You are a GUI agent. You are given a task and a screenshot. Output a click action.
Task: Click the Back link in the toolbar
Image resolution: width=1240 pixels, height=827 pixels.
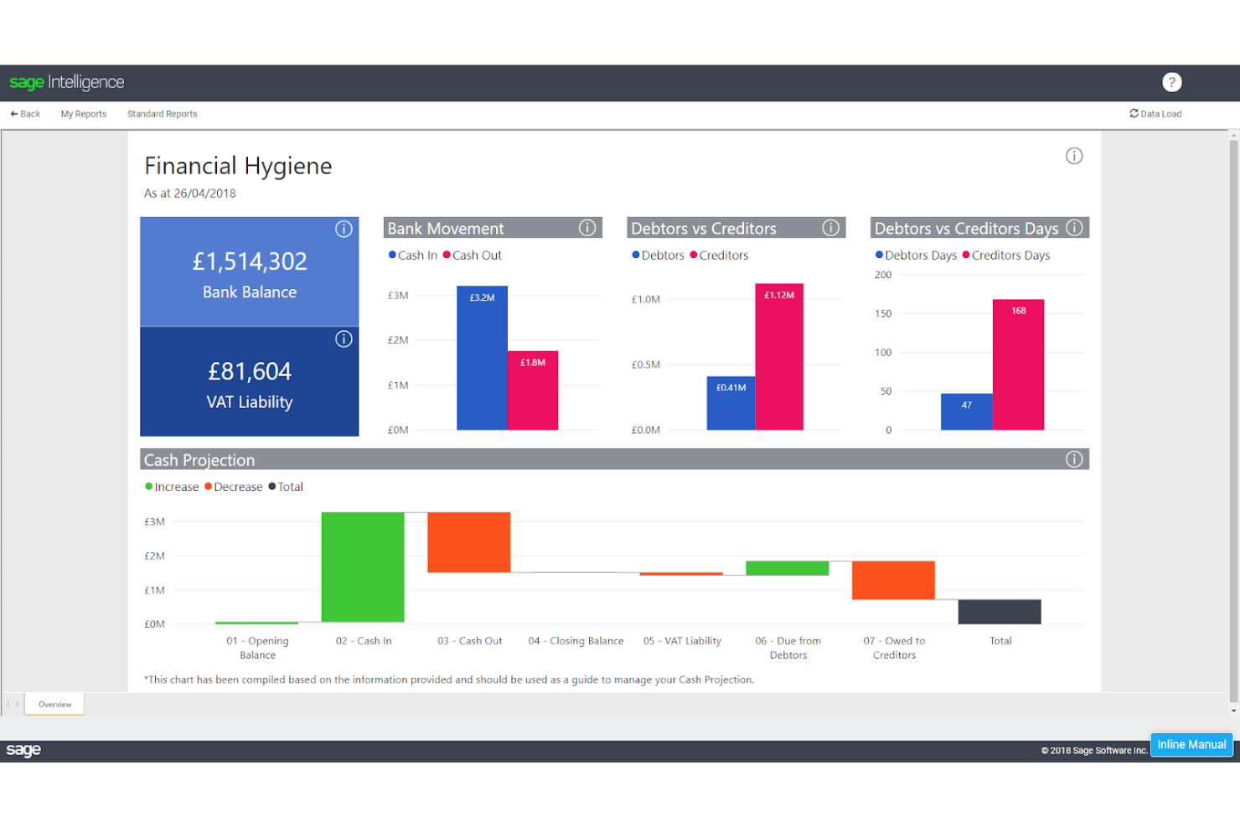tap(25, 114)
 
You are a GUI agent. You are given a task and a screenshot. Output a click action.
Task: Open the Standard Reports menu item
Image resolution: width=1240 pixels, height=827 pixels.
tap(162, 114)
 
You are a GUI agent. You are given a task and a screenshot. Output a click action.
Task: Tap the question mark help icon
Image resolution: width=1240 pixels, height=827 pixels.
tap(1171, 82)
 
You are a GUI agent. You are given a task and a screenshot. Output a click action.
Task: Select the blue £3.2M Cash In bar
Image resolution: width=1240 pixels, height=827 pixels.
tap(482, 360)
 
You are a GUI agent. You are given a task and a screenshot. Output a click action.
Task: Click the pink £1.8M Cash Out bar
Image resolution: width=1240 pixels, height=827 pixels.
tap(533, 392)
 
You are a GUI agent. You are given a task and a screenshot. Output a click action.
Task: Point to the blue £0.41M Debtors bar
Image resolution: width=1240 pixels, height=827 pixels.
tap(731, 405)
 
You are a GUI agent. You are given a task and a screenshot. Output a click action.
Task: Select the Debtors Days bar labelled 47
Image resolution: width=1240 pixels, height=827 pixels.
tap(966, 412)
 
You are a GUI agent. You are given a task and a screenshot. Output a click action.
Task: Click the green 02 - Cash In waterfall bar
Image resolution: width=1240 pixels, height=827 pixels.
tap(363, 567)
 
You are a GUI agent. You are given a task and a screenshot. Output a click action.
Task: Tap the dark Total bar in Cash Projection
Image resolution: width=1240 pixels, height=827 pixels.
tap(1000, 612)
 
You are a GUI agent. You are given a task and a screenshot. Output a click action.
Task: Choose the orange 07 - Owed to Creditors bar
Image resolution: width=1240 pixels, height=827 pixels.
tap(893, 580)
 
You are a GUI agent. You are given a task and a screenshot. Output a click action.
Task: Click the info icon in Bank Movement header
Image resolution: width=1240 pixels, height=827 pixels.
tap(587, 228)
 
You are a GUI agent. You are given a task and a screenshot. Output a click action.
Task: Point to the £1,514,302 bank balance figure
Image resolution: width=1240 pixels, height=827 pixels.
tap(250, 261)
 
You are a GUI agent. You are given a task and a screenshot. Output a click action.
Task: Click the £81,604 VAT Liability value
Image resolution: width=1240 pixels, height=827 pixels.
tap(250, 371)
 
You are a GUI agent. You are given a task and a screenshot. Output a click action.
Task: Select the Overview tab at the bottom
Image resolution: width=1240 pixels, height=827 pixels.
tap(54, 705)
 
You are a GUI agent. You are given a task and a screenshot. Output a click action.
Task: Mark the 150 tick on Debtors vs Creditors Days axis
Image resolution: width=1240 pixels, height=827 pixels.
tap(883, 313)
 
